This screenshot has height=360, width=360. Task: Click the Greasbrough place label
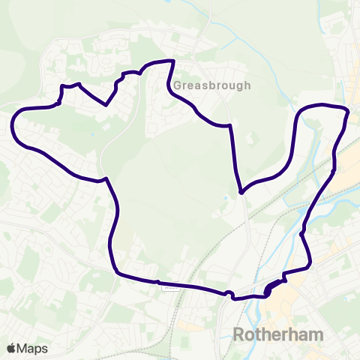click(212, 85)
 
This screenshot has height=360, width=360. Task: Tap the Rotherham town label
click(277, 334)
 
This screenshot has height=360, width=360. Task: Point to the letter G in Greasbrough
click(178, 85)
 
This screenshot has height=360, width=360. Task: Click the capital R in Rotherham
click(239, 334)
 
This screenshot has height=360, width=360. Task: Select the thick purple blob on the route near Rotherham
click(271, 288)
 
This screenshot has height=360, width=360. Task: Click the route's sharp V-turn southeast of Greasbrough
click(241, 193)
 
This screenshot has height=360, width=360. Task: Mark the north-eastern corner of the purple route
click(348, 112)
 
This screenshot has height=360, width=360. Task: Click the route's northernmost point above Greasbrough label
click(173, 61)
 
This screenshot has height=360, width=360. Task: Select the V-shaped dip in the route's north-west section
click(107, 105)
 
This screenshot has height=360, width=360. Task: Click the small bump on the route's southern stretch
click(229, 292)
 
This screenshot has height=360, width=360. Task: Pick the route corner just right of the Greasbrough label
click(229, 126)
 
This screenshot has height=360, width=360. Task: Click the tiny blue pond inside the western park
click(91, 135)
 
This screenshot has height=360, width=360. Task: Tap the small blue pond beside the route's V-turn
click(226, 199)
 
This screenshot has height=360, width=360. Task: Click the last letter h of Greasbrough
click(247, 85)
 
